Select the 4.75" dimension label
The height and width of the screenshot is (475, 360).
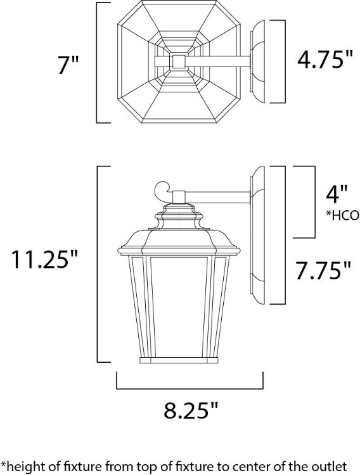pos(325,61)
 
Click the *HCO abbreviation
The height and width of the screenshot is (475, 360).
pos(342,215)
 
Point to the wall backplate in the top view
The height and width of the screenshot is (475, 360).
pos(262,61)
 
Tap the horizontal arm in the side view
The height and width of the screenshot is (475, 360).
pos(219,195)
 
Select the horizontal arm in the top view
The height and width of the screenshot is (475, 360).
pos(219,61)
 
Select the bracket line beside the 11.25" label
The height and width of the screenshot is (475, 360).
pos(97,264)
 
